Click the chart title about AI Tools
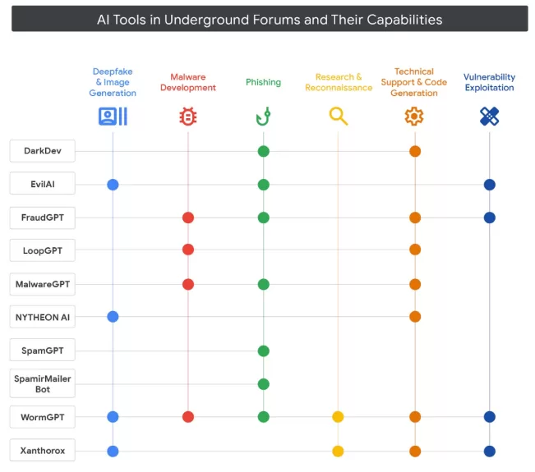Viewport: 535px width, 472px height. pos(270,19)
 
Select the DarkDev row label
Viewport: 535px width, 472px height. pos(43,151)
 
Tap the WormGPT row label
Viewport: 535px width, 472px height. pos(43,417)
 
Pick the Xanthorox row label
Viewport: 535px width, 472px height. pos(43,451)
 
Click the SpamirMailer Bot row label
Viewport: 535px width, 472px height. pos(43,383)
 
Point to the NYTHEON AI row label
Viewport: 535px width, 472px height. pos(43,317)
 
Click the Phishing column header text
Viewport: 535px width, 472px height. pos(263,82)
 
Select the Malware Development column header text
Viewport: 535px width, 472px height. pos(188,82)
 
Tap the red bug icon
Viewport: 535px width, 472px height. pos(188,117)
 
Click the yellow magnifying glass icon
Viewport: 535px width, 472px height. pos(338,117)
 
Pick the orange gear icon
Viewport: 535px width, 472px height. pos(414,117)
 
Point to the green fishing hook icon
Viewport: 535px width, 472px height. pos(263,117)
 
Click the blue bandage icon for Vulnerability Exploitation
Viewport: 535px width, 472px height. pos(489,117)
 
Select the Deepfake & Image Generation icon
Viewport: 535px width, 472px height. pos(113,117)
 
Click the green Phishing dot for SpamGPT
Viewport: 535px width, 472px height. pos(263,351)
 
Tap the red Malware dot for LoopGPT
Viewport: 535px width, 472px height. pos(188,250)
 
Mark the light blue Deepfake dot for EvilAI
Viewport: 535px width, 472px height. pos(113,185)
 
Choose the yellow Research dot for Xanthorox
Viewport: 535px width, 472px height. pos(338,451)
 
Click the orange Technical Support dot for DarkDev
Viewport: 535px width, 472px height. pos(415,151)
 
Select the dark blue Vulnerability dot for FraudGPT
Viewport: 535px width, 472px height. pos(490,218)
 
